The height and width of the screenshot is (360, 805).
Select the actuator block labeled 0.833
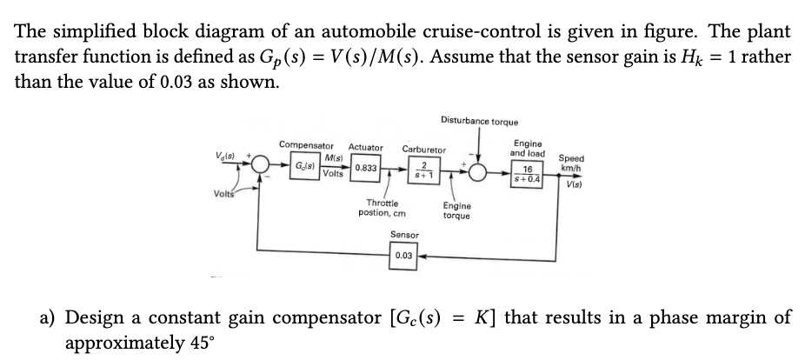pyautogui.click(x=364, y=168)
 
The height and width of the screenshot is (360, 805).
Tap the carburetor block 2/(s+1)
pyautogui.click(x=422, y=170)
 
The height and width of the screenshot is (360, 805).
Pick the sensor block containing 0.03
pyautogui.click(x=402, y=257)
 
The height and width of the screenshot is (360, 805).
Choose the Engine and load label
pyautogui.click(x=529, y=148)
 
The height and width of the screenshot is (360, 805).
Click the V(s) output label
pyautogui.click(x=575, y=184)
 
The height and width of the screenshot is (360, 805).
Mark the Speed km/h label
pyautogui.click(x=572, y=163)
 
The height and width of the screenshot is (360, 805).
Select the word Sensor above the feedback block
pyautogui.click(x=404, y=235)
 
